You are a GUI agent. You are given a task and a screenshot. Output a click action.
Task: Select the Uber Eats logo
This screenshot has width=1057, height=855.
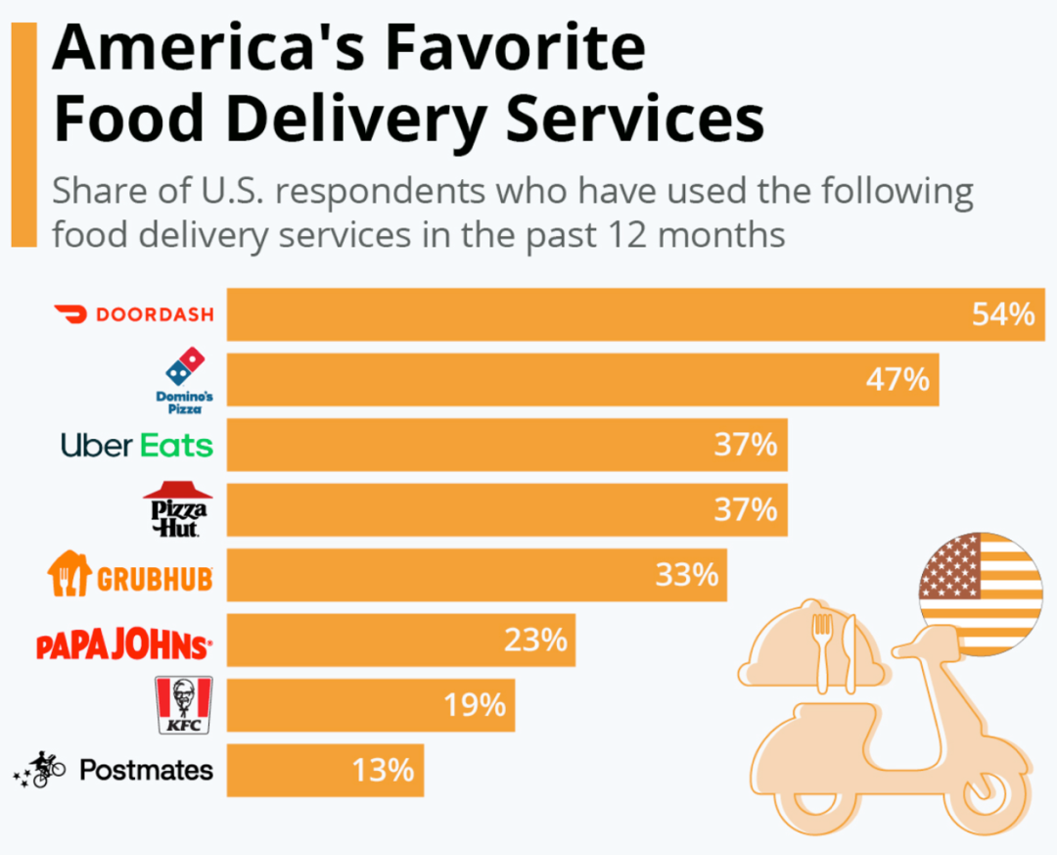click(x=136, y=446)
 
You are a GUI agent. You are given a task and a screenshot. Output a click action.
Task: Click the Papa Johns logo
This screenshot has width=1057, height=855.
click(x=124, y=646)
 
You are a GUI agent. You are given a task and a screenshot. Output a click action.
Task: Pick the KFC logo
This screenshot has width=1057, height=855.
click(x=183, y=705)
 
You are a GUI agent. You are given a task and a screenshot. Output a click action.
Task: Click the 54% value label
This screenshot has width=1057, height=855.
click(x=1002, y=314)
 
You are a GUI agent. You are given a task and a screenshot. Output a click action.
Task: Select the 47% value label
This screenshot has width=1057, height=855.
click(x=897, y=379)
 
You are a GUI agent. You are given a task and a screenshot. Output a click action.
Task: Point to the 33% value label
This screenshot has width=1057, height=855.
click(x=687, y=575)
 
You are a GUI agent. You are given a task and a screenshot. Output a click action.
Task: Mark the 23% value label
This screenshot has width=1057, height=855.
click(x=535, y=641)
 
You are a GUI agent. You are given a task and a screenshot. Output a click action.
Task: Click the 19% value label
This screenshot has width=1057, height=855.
click(x=475, y=705)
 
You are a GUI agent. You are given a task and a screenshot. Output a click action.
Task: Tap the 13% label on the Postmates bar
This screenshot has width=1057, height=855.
click(x=384, y=770)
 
